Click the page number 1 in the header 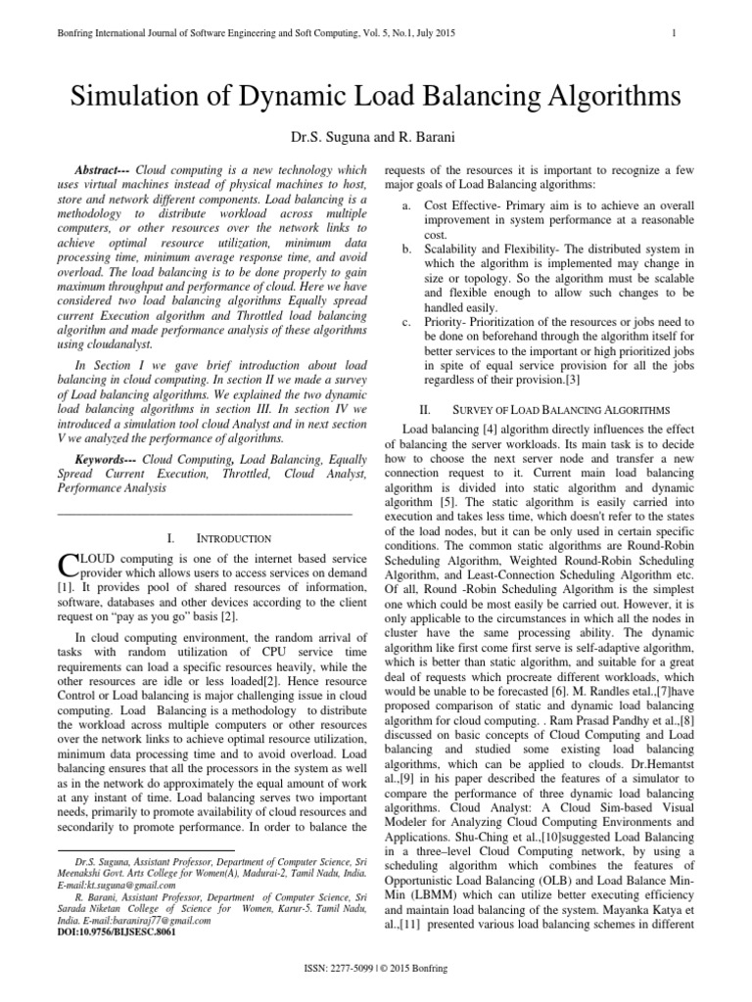coord(676,34)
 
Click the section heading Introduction coord(231,538)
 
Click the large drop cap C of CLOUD coord(68,566)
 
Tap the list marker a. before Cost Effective coord(406,206)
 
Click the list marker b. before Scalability coord(406,249)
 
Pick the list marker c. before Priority coord(406,321)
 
